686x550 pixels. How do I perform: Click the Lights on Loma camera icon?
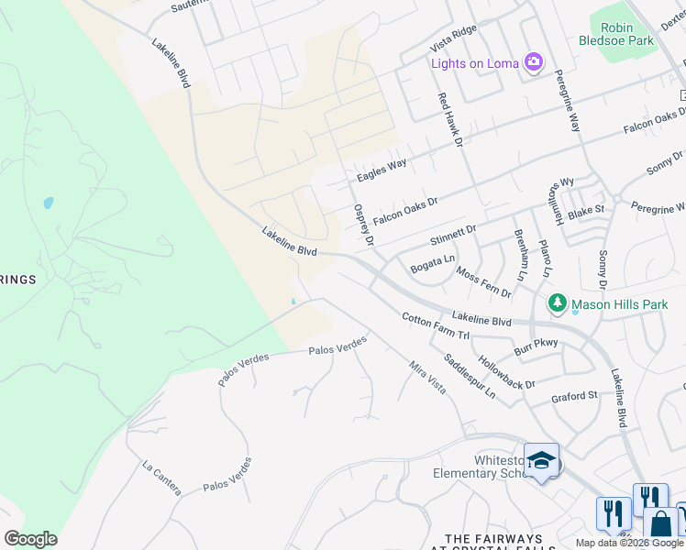click(534, 62)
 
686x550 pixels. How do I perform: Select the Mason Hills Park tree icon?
click(557, 303)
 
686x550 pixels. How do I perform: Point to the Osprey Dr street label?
click(364, 225)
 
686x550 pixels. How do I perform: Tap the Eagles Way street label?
click(382, 170)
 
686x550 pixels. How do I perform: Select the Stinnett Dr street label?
click(453, 236)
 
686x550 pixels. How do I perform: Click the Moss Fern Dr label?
click(483, 283)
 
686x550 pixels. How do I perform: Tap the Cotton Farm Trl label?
click(436, 326)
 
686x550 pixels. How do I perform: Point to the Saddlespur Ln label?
click(469, 376)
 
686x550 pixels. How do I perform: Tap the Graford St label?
click(574, 396)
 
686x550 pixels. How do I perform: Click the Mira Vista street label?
click(427, 377)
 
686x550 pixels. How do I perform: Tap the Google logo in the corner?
click(30, 538)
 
